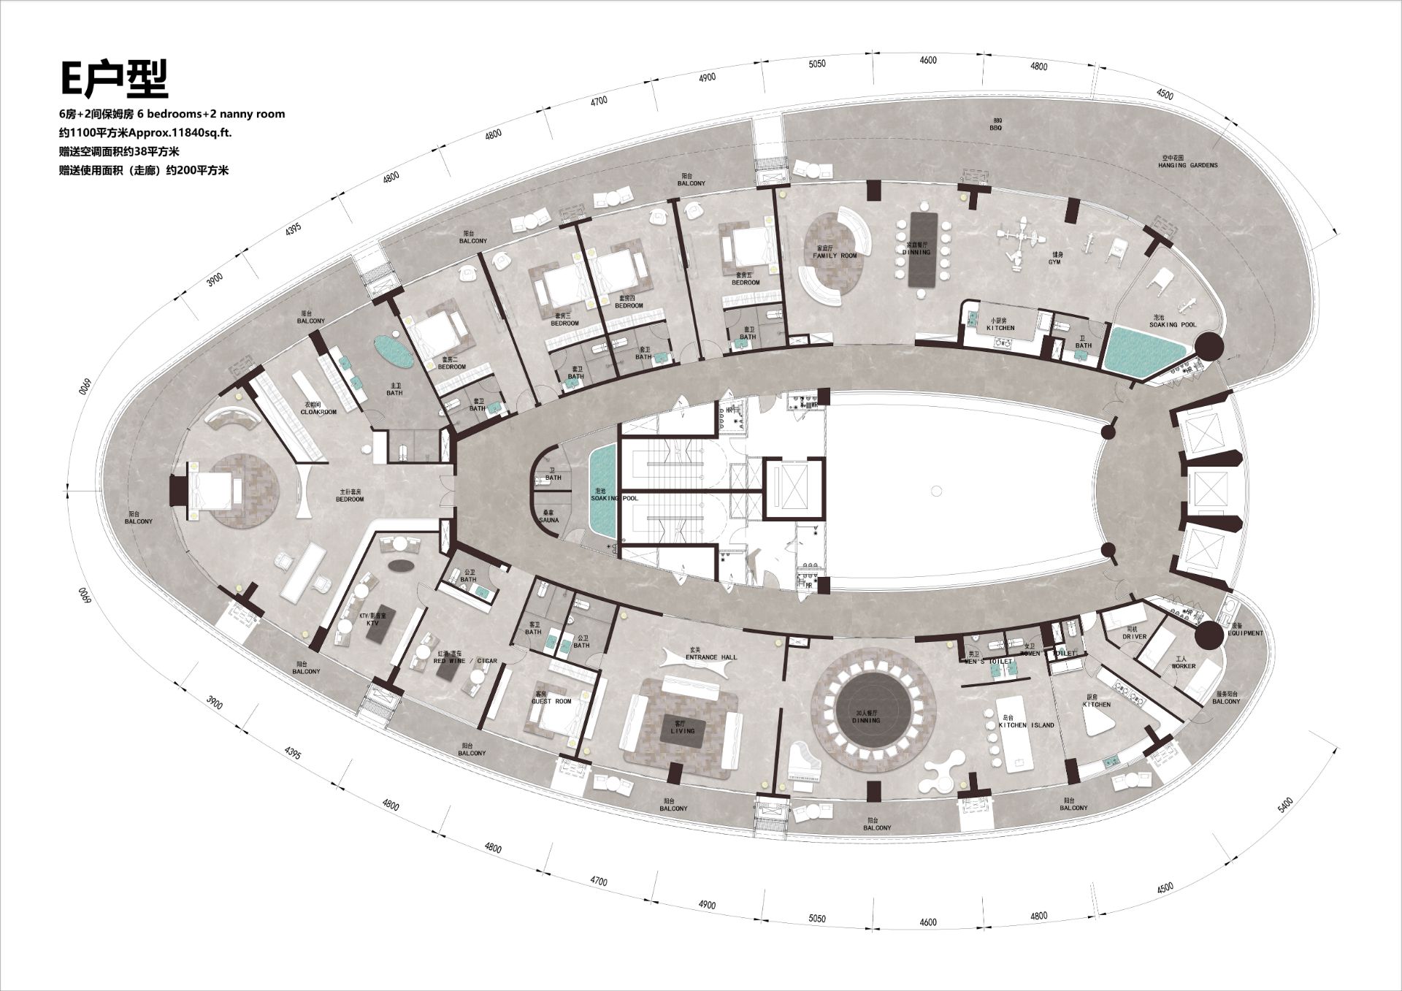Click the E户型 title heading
114,79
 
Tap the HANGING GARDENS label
1187,165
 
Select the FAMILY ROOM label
835,256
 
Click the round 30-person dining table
874,716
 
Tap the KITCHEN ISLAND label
1026,725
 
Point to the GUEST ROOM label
551,701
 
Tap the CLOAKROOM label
318,412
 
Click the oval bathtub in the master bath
394,351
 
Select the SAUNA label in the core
549,520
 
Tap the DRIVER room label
1134,637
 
